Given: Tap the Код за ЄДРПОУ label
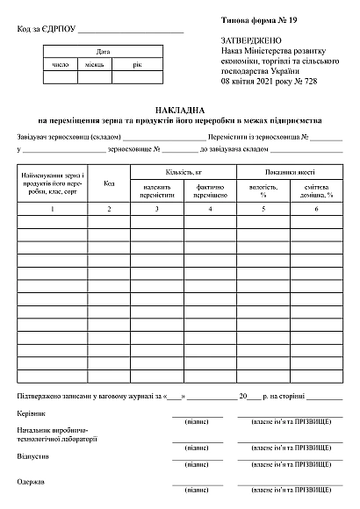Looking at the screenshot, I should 47,30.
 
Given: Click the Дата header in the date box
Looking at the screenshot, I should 103,52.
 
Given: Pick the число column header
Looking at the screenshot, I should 61,64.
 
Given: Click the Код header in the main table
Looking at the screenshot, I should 109,183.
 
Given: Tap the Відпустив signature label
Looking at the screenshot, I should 32,457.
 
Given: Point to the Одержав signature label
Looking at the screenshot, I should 31,481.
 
